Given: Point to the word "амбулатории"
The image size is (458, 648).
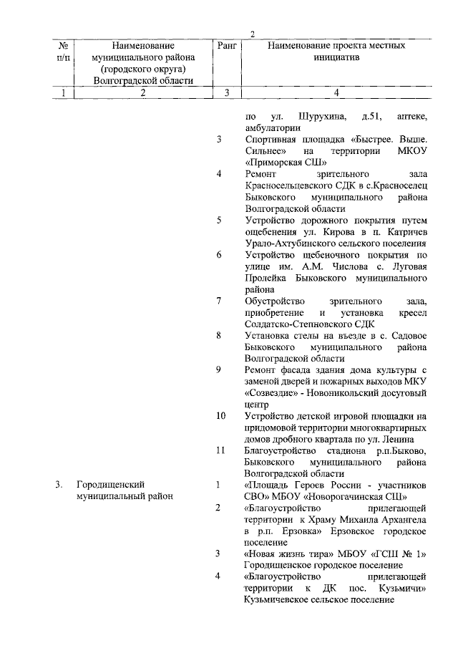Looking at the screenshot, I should point(272,127).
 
